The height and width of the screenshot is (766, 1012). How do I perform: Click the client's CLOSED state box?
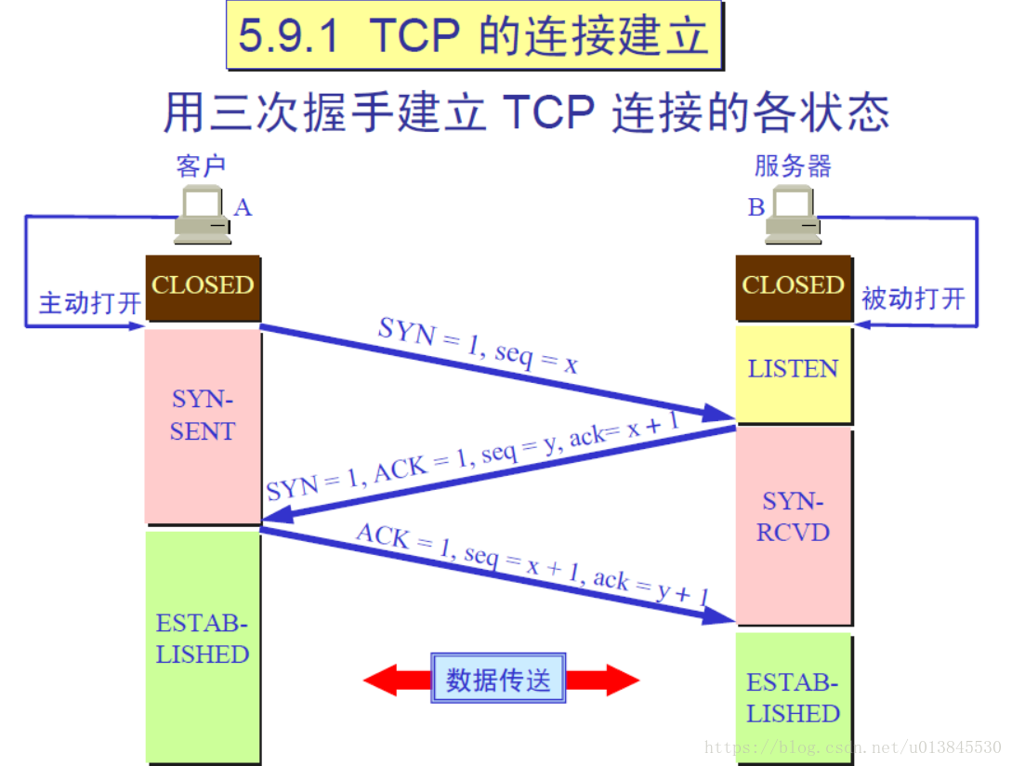click(203, 286)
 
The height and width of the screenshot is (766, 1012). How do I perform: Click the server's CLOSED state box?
click(793, 286)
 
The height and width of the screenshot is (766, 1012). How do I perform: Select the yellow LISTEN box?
click(793, 369)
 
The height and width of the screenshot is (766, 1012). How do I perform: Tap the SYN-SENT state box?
click(203, 416)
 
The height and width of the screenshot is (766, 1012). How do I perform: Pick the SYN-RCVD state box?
click(793, 518)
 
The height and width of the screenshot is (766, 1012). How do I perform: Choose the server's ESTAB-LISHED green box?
click(793, 699)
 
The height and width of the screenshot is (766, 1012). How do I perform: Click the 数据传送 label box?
click(498, 680)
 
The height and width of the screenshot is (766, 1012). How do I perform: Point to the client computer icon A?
click(204, 214)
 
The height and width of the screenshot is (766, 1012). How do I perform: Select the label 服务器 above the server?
click(793, 166)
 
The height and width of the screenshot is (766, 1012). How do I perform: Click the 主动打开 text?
click(89, 302)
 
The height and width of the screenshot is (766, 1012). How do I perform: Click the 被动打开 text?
click(913, 299)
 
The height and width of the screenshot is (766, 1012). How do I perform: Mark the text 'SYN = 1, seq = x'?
click(478, 345)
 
